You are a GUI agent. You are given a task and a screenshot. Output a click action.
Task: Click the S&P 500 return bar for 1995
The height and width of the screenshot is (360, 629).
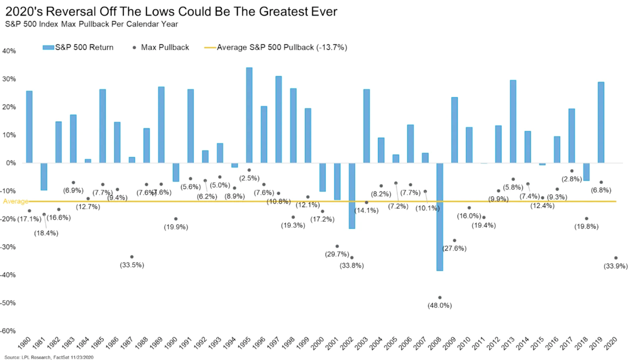pos(249,115)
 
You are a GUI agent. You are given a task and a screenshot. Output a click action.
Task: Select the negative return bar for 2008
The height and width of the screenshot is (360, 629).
pos(439,217)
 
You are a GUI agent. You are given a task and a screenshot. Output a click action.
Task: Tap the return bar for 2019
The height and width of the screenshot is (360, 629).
pos(601,122)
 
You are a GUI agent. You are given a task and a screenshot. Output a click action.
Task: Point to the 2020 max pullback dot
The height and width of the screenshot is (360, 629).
pos(616,258)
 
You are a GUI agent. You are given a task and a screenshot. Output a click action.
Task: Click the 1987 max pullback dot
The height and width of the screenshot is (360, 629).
pos(132,257)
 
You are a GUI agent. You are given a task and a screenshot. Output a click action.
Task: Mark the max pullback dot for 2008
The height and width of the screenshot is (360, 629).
pos(439,297)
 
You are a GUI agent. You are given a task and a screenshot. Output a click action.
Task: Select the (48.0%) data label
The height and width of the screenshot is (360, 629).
pos(439,306)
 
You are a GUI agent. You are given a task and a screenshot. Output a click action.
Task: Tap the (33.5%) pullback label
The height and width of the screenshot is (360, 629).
pos(132,265)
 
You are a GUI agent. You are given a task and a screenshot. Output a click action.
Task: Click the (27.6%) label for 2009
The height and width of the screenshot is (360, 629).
pos(454,249)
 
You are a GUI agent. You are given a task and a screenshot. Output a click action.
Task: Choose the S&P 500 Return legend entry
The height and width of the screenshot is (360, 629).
pos(79,47)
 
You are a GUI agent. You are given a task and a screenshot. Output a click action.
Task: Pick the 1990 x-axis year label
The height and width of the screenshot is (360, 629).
pos(174,343)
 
